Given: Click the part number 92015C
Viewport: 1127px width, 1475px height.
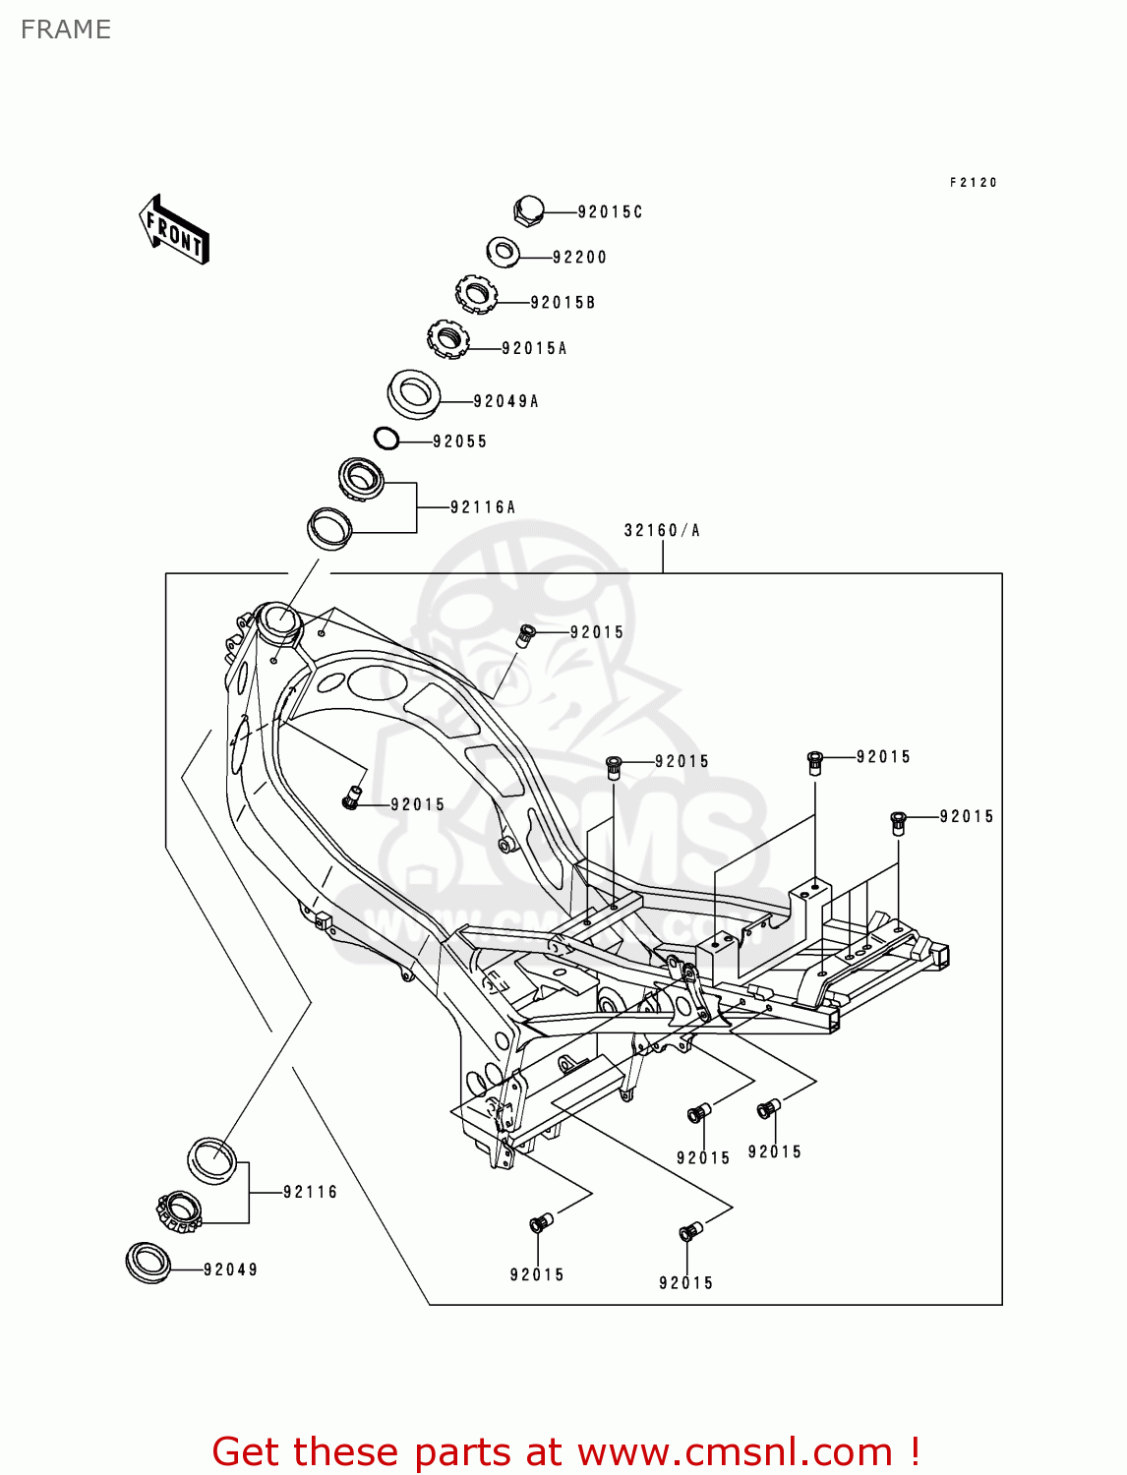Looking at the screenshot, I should [610, 212].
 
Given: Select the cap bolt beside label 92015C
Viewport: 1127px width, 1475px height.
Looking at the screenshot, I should [528, 210].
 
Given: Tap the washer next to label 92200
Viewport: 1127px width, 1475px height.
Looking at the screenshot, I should [504, 252].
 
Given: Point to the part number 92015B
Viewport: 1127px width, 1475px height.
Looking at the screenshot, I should [563, 303].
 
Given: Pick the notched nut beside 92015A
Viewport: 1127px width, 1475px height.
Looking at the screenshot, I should [447, 339].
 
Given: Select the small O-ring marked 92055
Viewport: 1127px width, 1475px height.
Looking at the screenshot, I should [386, 439].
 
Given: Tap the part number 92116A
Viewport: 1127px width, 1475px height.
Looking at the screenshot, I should [483, 507].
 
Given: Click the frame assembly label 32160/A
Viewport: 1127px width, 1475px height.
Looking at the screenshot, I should [662, 531].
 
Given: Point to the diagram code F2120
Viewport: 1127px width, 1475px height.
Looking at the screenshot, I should [973, 183].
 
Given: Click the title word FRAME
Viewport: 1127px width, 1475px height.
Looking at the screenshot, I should [66, 29].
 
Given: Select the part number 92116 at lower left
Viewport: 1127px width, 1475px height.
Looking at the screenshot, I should [310, 1192].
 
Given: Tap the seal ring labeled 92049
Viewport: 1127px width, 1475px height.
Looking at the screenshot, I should [148, 1262].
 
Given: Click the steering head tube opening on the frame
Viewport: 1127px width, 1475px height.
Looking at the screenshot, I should [276, 619].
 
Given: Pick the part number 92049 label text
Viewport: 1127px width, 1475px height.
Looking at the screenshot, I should [230, 1269].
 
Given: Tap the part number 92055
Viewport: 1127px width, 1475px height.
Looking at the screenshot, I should [459, 442].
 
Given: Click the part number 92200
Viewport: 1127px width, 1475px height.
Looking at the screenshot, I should [579, 258].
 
